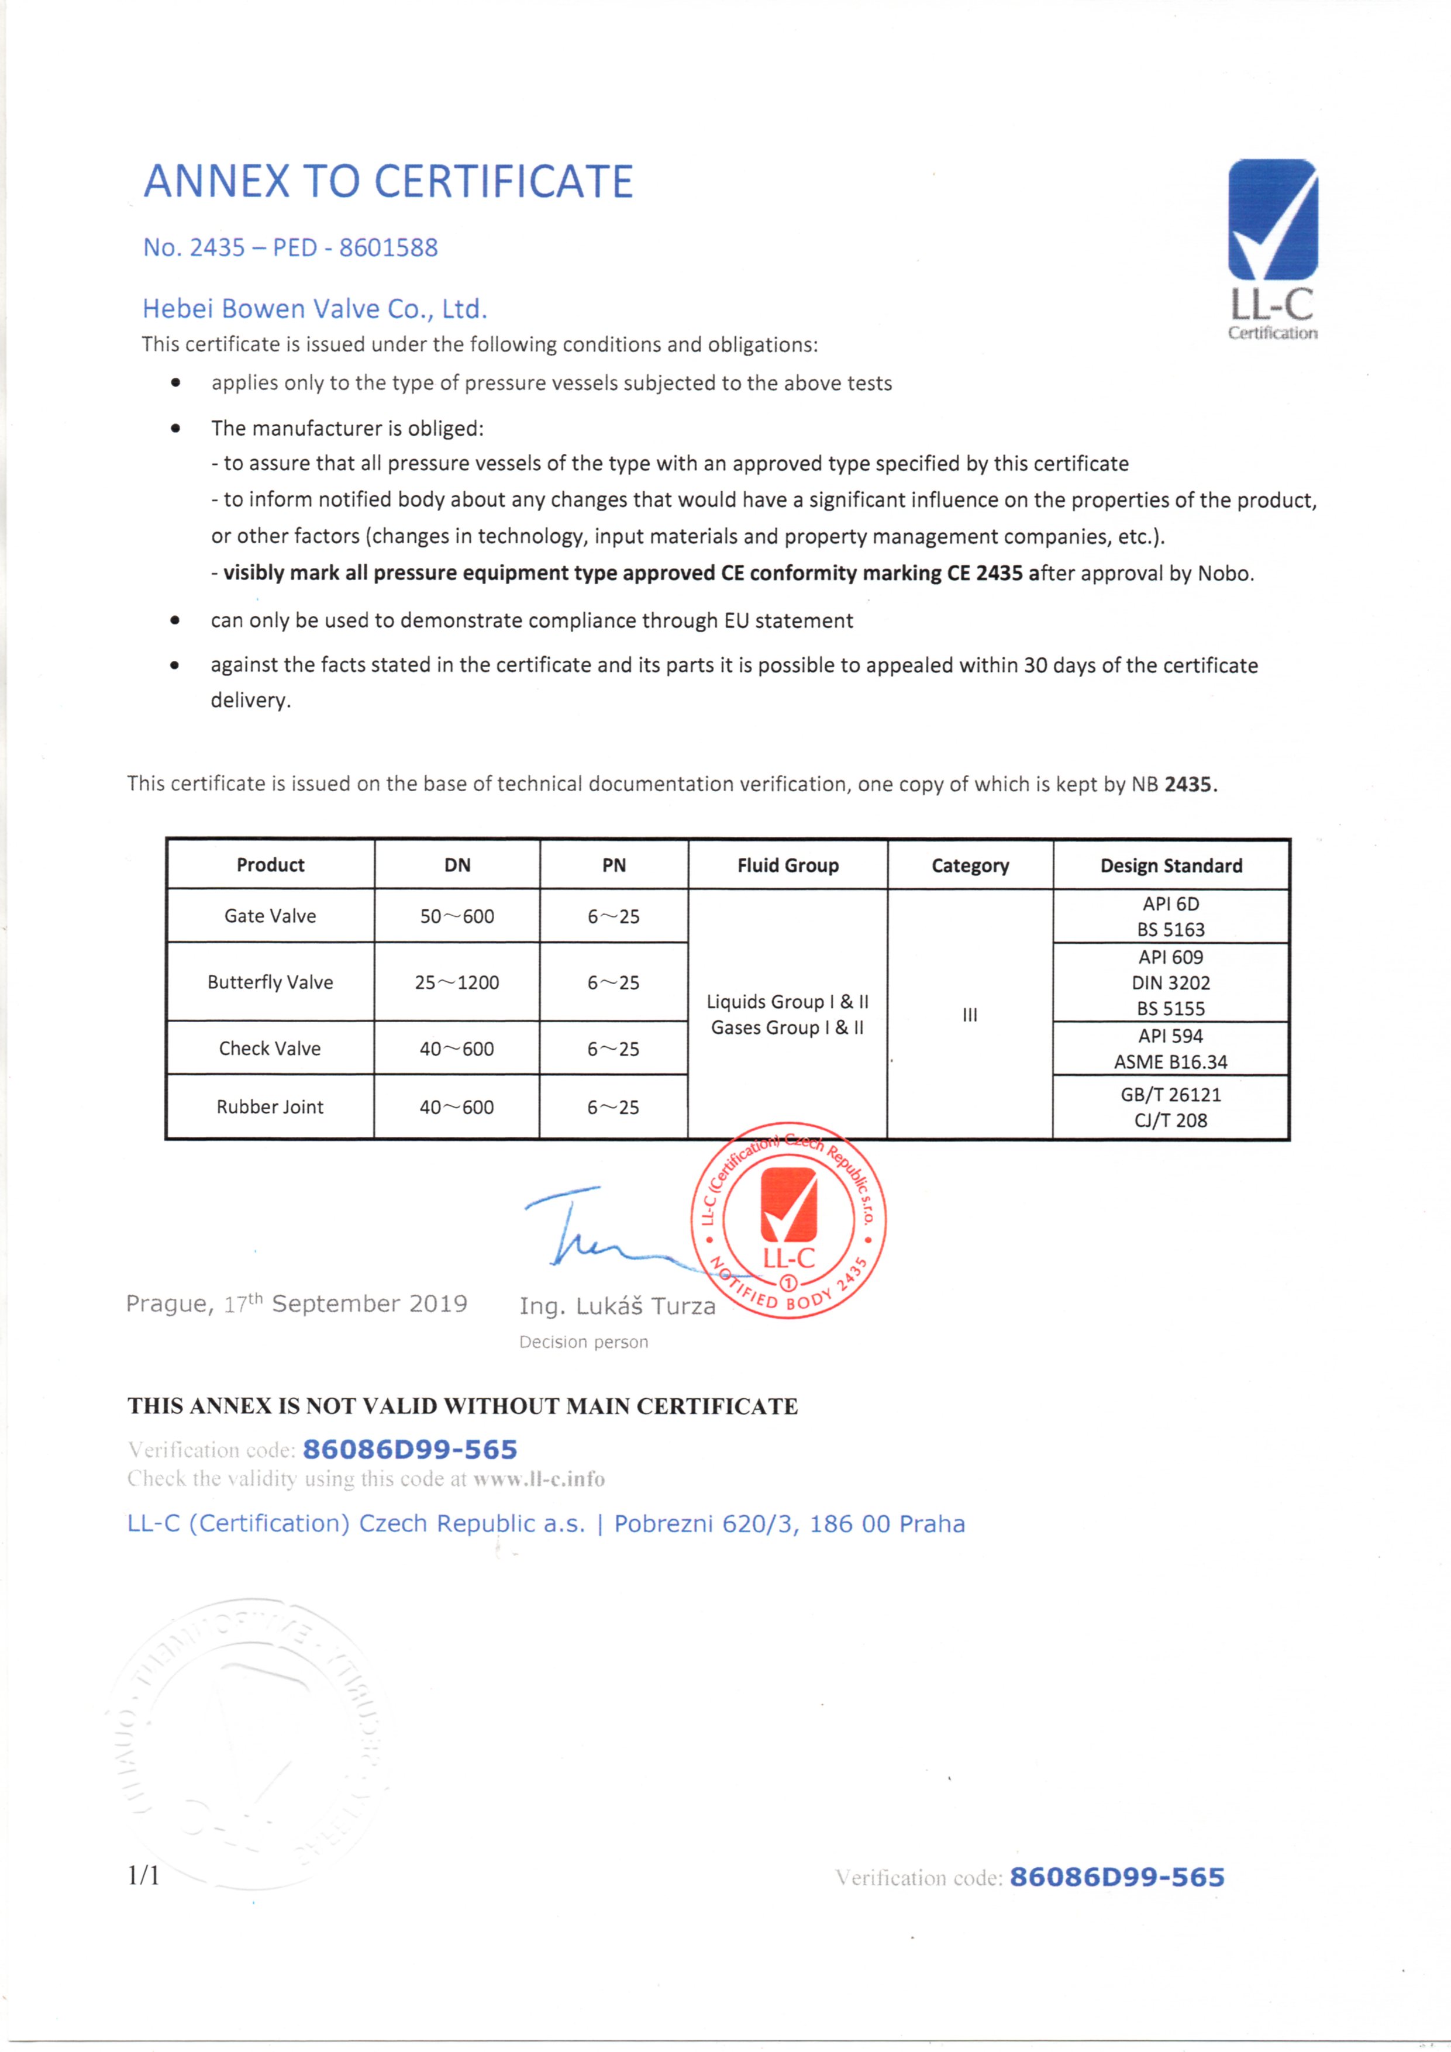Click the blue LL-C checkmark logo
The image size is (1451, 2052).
1272,220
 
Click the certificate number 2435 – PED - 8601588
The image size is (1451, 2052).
291,247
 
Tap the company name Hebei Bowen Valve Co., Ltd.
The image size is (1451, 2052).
315,309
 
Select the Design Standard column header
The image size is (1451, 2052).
1170,865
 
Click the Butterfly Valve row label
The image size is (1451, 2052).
270,982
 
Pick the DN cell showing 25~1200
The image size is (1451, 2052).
457,982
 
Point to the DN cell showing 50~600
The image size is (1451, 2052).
457,916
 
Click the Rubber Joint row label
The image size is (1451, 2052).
270,1106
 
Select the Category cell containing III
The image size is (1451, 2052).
970,1015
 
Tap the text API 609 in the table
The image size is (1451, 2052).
1170,957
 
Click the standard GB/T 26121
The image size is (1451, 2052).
1170,1094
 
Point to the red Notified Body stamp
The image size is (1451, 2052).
790,1220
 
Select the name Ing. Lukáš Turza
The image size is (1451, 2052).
617,1306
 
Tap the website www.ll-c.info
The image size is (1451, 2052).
539,1479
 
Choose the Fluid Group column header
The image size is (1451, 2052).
788,865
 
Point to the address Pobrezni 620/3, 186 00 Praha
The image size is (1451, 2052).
790,1524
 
